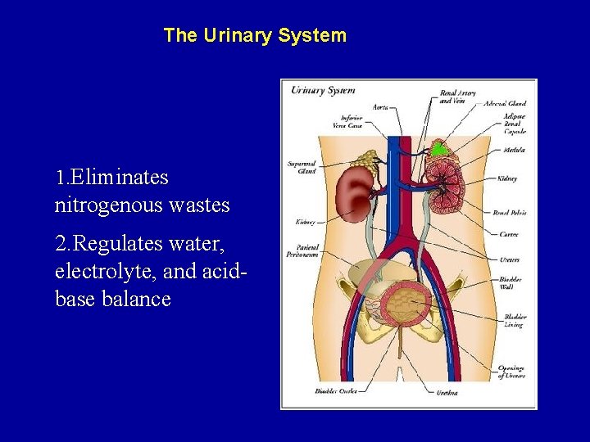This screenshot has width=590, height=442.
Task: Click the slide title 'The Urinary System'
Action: [x=255, y=36]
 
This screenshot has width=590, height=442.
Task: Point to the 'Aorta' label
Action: [x=380, y=106]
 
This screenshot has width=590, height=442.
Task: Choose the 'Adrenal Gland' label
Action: [x=505, y=104]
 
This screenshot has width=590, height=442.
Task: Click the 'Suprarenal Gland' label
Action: [x=301, y=168]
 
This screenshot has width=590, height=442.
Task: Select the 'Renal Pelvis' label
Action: [x=510, y=213]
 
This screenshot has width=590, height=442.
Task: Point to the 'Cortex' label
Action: [x=508, y=234]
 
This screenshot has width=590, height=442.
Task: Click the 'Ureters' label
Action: [x=508, y=259]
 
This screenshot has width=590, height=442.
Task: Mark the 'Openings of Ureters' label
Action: [x=511, y=372]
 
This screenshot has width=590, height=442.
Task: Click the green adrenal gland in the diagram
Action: [x=440, y=148]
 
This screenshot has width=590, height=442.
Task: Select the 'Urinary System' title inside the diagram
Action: [x=323, y=90]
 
